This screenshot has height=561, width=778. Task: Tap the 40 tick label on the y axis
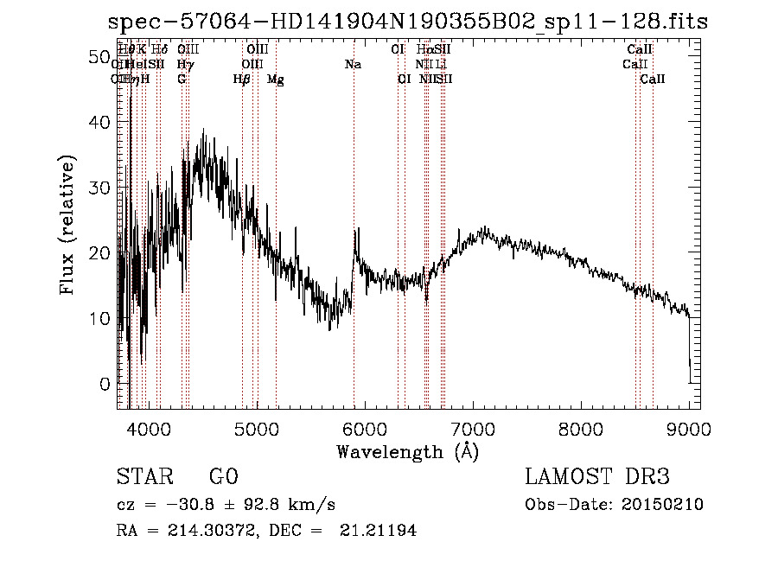pos(99,123)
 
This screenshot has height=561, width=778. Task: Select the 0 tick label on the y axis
pos(104,384)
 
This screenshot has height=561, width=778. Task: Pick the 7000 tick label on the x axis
pos(472,428)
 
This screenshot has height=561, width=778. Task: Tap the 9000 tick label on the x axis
pos(688,428)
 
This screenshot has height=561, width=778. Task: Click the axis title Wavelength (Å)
pos(407,451)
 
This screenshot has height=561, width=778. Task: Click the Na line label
pos(353,65)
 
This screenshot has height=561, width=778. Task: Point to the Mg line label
pos(275,80)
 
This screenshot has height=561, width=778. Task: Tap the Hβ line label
pos(241,80)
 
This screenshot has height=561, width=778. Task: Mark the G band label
pos(182,80)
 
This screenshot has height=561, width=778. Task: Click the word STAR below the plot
pos(143,477)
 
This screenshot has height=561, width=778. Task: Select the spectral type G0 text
pos(223,477)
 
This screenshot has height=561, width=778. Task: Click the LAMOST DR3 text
pos(596,477)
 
